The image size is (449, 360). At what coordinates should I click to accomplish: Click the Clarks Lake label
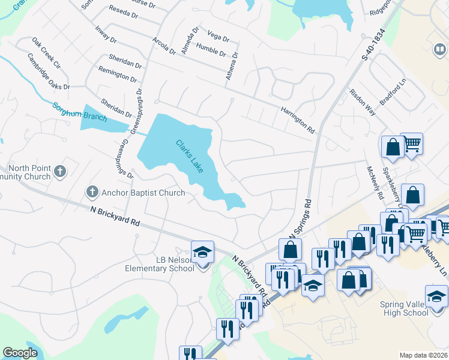(x=190, y=157)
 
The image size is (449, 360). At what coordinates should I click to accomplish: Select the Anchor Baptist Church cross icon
(x=92, y=192)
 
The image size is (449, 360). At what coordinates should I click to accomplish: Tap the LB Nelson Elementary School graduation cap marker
(x=202, y=251)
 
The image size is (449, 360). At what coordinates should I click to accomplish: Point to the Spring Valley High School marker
(x=436, y=295)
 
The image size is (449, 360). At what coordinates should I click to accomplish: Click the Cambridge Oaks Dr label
(x=49, y=72)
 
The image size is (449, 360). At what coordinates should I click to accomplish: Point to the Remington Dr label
(x=119, y=76)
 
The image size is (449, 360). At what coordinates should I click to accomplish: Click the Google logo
(x=20, y=353)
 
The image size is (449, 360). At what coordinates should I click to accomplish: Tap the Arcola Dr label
(x=163, y=46)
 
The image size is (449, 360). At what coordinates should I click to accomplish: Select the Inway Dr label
(x=105, y=34)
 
